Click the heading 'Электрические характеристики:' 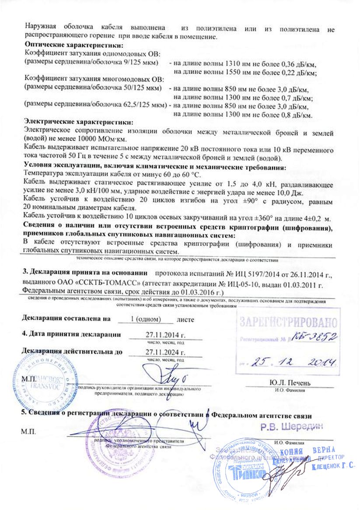point(78,122)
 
